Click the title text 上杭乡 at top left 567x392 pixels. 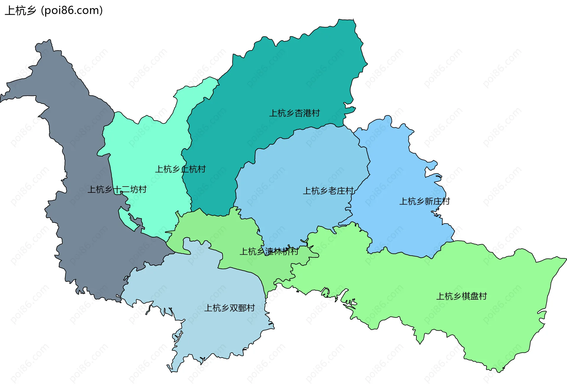[20, 11]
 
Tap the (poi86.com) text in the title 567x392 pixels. [72, 11]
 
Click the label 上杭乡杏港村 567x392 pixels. [294, 113]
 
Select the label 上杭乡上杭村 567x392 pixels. [180, 169]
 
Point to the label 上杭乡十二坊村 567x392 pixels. [117, 189]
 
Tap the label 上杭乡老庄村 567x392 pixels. [328, 191]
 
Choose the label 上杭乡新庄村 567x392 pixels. [424, 201]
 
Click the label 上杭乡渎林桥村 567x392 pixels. [269, 251]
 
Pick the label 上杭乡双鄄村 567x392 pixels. [229, 308]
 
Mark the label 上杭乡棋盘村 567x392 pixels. [462, 296]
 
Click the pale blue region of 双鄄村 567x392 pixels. [213, 331]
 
